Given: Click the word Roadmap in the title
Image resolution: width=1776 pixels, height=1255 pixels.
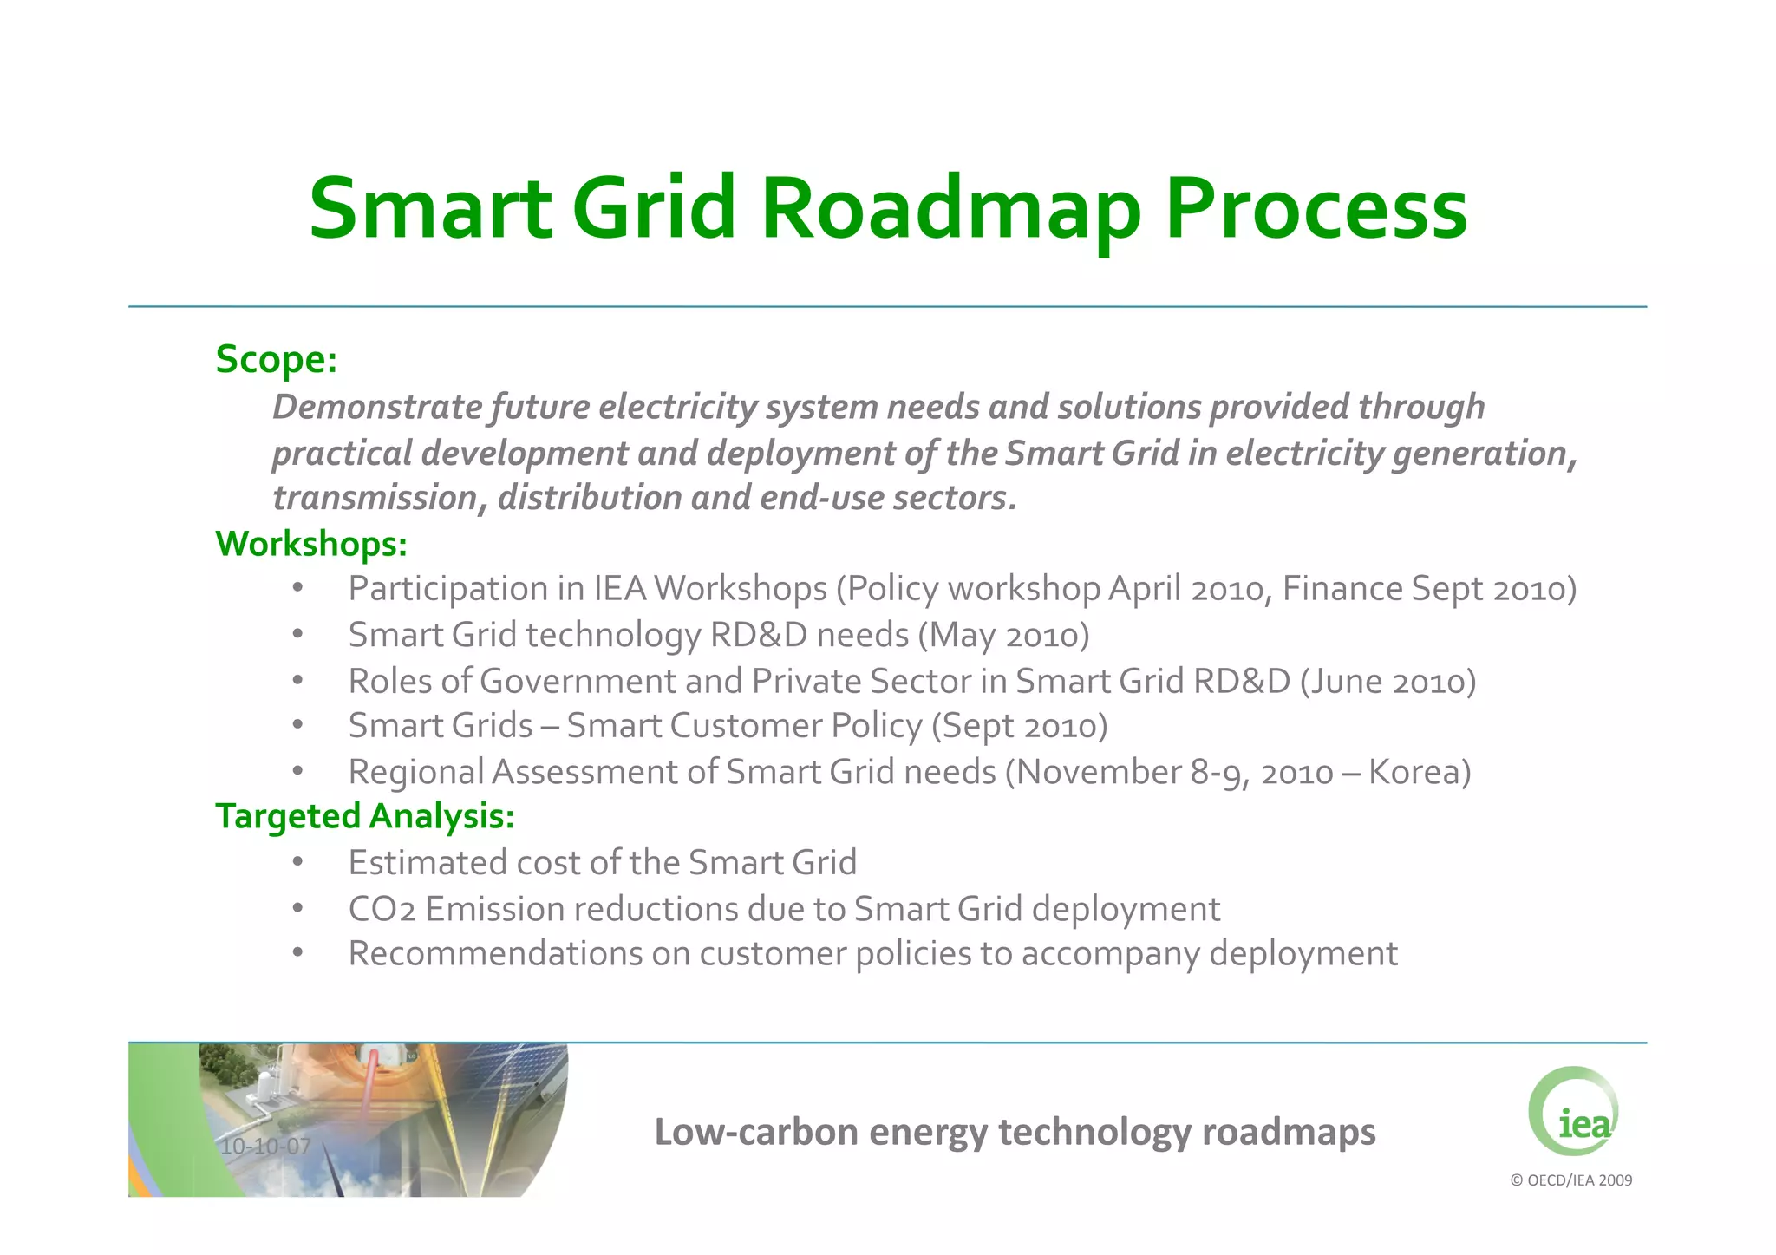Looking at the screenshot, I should [951, 211].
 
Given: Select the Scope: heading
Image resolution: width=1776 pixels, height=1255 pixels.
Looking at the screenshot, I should [276, 360].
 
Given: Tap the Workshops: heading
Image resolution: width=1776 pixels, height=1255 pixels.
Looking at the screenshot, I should [310, 545].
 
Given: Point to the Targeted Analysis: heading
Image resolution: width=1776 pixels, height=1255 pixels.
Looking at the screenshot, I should [364, 817].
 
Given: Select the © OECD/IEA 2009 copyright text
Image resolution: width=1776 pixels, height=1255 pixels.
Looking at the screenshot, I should [1570, 1180].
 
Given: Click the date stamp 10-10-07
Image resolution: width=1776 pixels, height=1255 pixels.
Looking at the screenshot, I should [265, 1147].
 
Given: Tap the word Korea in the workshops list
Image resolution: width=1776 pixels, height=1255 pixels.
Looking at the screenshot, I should [1419, 773].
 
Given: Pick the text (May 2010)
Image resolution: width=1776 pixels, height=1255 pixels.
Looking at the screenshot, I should [1003, 636].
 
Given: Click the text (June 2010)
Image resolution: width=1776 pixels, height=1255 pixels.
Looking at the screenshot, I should [1387, 682].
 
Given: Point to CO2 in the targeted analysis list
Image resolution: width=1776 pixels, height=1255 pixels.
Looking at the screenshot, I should [382, 910].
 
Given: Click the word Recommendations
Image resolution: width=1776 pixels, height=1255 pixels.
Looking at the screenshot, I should [495, 954].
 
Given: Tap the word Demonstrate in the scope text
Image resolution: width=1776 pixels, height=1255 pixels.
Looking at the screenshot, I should [377, 408].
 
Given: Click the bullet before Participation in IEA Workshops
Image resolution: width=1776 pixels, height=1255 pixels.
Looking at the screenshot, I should [297, 589].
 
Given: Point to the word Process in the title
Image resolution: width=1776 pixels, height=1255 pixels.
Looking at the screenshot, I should [1316, 211].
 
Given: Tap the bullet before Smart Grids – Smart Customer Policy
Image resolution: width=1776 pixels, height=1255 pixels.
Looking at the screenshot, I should [297, 726].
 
